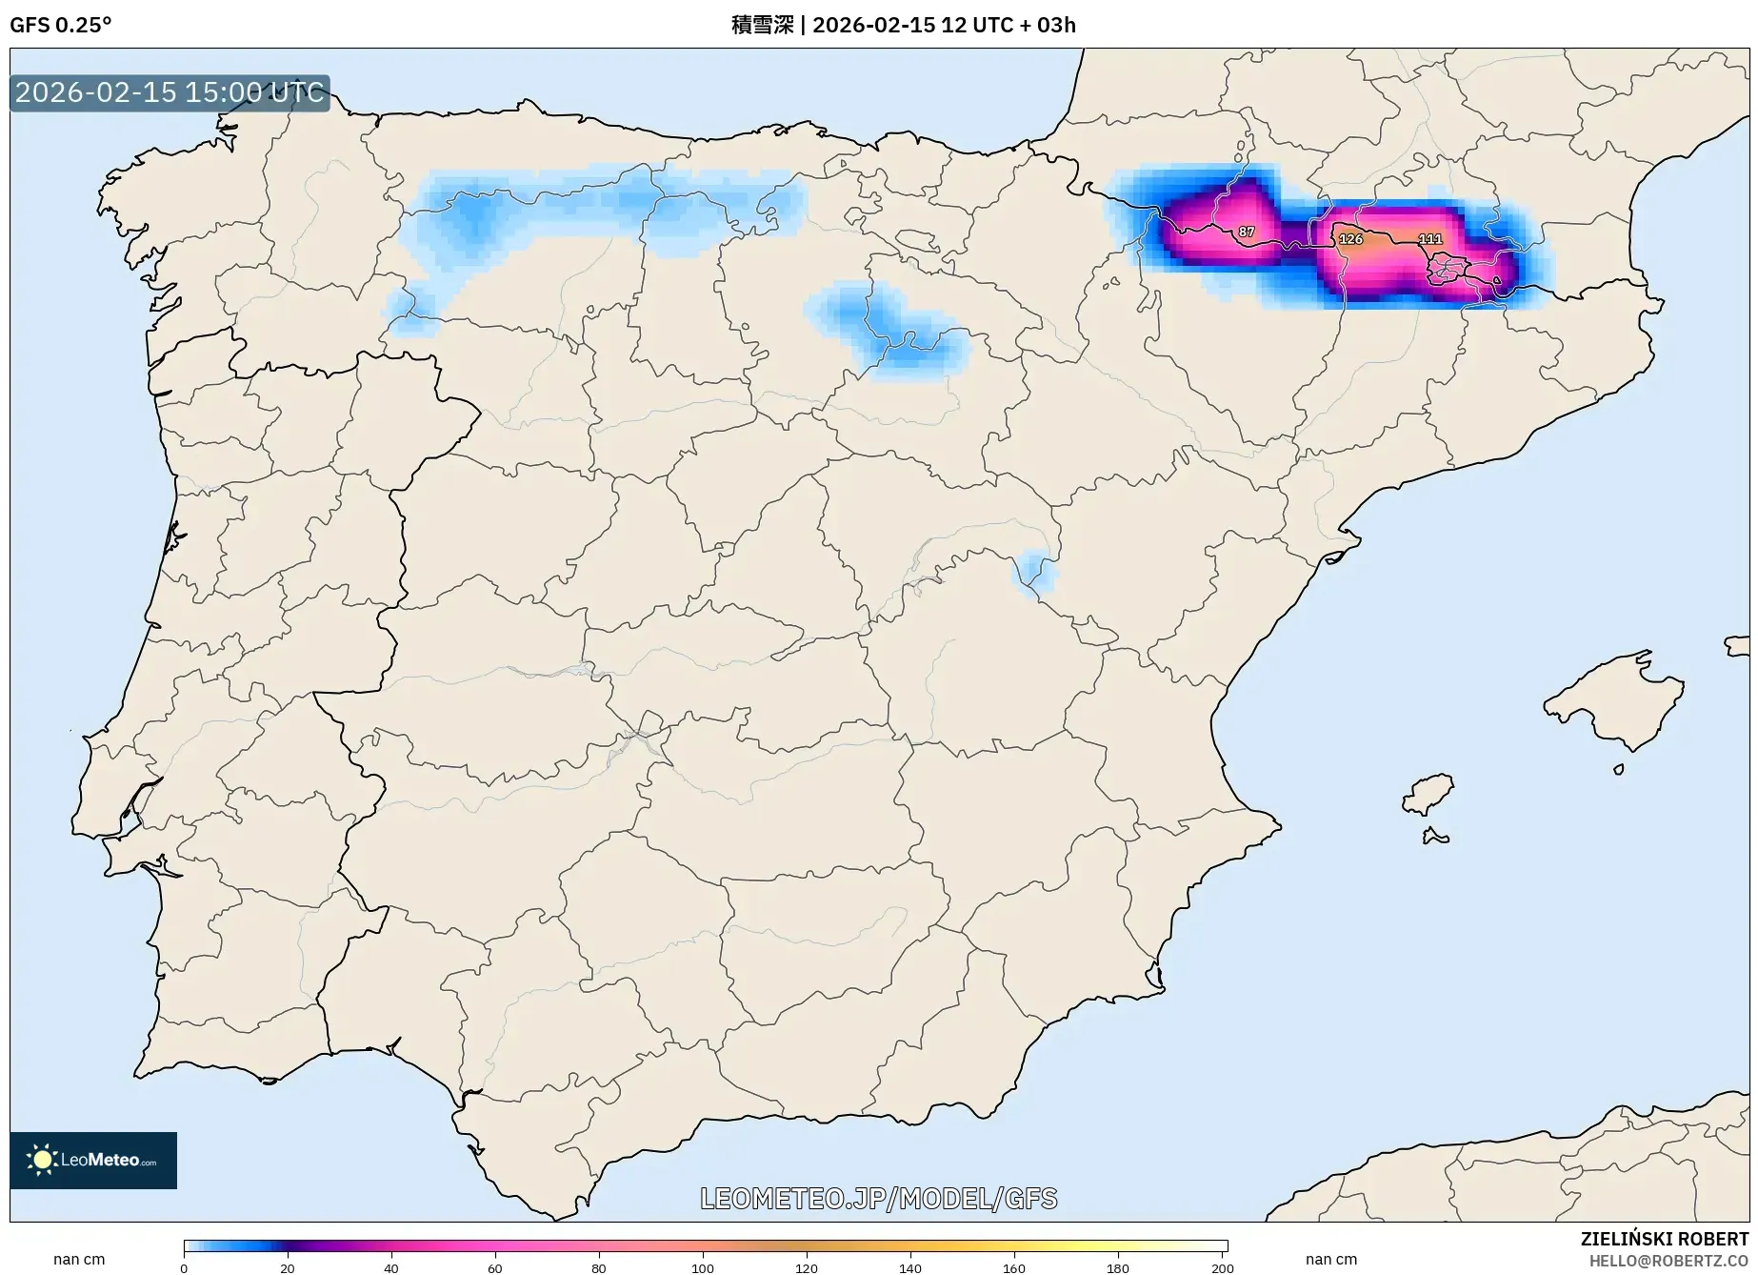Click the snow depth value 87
[x=1246, y=232]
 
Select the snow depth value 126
[x=1350, y=239]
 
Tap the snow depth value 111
[x=1429, y=239]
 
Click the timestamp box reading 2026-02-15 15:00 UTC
[x=170, y=92]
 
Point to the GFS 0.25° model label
[x=60, y=25]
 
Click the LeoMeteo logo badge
[x=93, y=1160]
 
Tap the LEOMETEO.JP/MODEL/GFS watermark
[x=878, y=1198]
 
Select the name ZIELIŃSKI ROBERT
[x=1664, y=1240]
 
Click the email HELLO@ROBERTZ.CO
[x=1668, y=1261]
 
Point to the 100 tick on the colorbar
[x=702, y=1267]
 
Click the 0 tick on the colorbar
[x=184, y=1267]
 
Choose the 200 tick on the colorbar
[x=1222, y=1267]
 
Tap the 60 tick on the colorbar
[x=494, y=1267]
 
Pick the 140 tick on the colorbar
[x=909, y=1267]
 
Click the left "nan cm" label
[x=79, y=1259]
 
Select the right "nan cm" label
[x=1330, y=1259]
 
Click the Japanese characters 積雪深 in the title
[x=762, y=25]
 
